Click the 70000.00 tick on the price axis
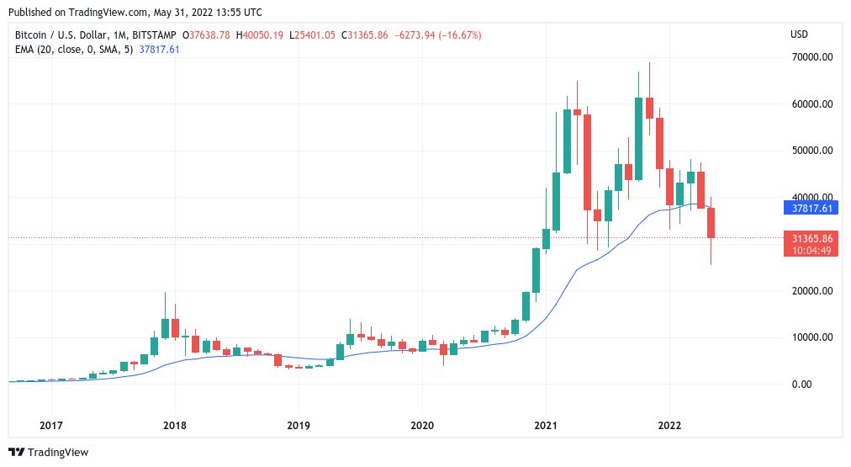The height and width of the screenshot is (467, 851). (812, 57)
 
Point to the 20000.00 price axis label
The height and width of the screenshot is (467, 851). (812, 291)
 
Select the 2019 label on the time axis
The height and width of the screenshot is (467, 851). (298, 425)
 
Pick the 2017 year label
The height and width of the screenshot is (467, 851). (51, 425)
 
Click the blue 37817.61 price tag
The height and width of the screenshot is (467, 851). (811, 208)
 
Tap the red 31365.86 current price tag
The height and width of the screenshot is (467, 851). (811, 238)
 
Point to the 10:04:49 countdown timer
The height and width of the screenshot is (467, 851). (811, 250)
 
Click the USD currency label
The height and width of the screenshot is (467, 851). (800, 34)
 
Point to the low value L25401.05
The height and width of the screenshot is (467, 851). (312, 35)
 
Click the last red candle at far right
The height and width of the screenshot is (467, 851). (711, 223)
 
